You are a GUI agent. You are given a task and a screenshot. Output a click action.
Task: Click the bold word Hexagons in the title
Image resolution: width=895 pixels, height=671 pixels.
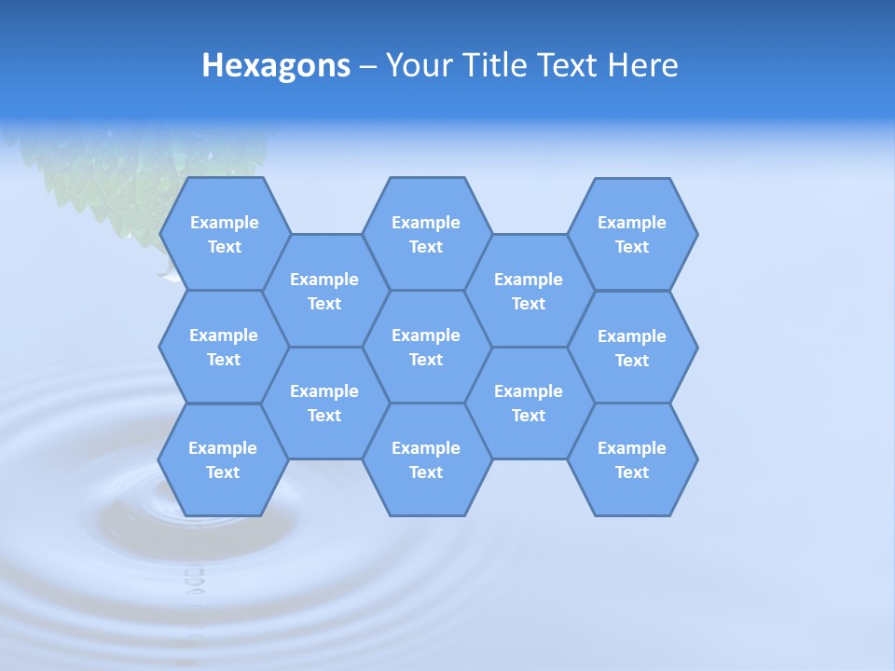pyautogui.click(x=276, y=66)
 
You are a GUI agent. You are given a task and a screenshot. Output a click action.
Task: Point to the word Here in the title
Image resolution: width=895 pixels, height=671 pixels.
pyautogui.click(x=642, y=66)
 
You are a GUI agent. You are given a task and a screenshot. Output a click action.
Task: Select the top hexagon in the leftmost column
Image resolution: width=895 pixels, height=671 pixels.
pyautogui.click(x=224, y=234)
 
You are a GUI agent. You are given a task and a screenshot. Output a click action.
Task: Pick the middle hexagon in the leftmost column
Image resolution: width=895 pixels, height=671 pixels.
pyautogui.click(x=224, y=347)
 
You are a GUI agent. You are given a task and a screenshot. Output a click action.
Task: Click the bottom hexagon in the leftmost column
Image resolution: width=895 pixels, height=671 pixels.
pyautogui.click(x=223, y=459)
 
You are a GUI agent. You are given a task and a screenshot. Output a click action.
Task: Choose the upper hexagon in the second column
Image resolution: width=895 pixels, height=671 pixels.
pyautogui.click(x=324, y=291)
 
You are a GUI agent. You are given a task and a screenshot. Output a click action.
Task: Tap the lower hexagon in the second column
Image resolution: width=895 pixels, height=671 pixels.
pyautogui.click(x=324, y=403)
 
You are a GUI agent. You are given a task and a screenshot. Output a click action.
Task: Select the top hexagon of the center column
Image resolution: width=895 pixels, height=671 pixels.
pyautogui.click(x=426, y=234)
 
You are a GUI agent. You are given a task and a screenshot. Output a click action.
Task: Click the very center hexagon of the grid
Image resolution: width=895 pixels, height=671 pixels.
pyautogui.click(x=426, y=347)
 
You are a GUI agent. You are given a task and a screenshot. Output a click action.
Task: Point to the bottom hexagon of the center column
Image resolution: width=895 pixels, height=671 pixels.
pyautogui.click(x=426, y=459)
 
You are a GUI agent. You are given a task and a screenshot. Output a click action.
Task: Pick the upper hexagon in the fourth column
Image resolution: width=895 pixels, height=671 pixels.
pyautogui.click(x=529, y=291)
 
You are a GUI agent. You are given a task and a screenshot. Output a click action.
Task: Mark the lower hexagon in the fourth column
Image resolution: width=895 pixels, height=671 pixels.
pyautogui.click(x=529, y=403)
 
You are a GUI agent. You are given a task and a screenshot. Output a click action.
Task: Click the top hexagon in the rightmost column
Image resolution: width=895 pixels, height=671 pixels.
pyautogui.click(x=632, y=234)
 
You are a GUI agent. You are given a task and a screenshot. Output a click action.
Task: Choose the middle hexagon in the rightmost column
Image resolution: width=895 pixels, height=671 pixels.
pyautogui.click(x=632, y=348)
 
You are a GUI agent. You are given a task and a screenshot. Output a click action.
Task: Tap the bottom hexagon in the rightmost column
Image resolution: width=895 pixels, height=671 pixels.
pyautogui.click(x=632, y=459)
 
